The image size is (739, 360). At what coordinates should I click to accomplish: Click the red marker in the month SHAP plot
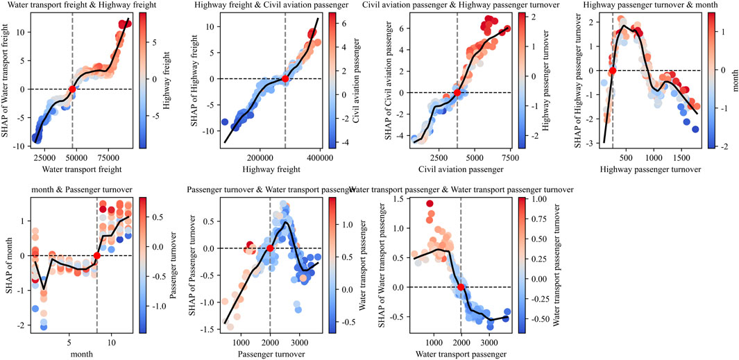(97, 256)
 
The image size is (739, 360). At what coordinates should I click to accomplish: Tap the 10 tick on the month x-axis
(110, 342)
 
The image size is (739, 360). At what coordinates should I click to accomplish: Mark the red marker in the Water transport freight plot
(72, 89)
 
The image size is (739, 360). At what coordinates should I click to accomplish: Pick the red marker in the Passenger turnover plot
(270, 248)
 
